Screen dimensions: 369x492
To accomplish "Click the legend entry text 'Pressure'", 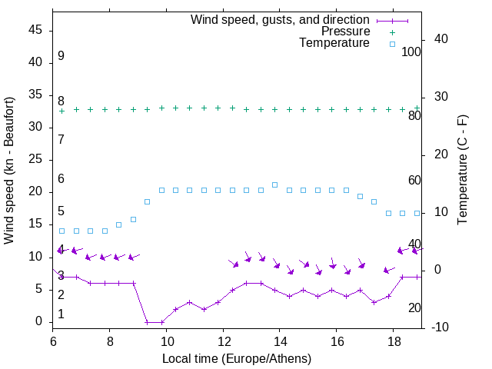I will pos(345,32).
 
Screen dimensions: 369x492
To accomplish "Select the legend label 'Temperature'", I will pos(334,44).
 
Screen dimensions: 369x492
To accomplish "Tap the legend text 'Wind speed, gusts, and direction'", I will pos(280,19).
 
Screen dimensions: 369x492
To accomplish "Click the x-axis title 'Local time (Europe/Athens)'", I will pos(237,359).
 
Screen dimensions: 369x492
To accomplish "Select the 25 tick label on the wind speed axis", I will pos(38,160).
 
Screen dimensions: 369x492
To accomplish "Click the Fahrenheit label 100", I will pos(411,52).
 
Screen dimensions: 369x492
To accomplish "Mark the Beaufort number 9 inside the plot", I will pos(61,56).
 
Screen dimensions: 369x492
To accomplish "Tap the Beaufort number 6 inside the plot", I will pos(61,179).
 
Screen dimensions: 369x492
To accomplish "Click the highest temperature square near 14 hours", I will pos(274,184).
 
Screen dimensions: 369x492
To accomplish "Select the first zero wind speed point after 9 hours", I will pos(147,322).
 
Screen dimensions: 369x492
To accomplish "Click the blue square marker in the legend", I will pos(392,44).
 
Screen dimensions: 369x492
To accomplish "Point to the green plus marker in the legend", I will pos(392,32).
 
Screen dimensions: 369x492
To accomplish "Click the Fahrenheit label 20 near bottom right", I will pos(414,308).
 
